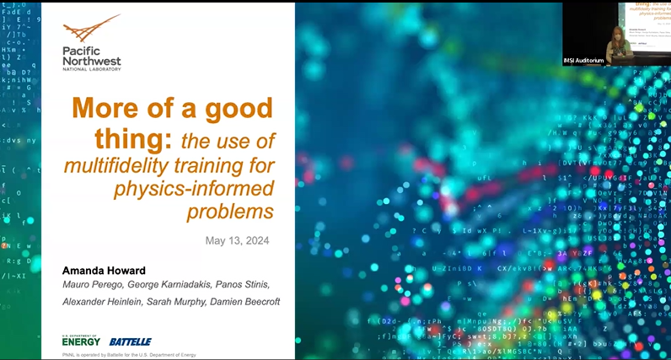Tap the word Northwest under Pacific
[x=92, y=61]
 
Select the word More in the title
[x=101, y=109]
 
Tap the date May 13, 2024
[x=237, y=241]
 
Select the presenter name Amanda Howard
[x=105, y=271]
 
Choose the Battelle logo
[x=130, y=341]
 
